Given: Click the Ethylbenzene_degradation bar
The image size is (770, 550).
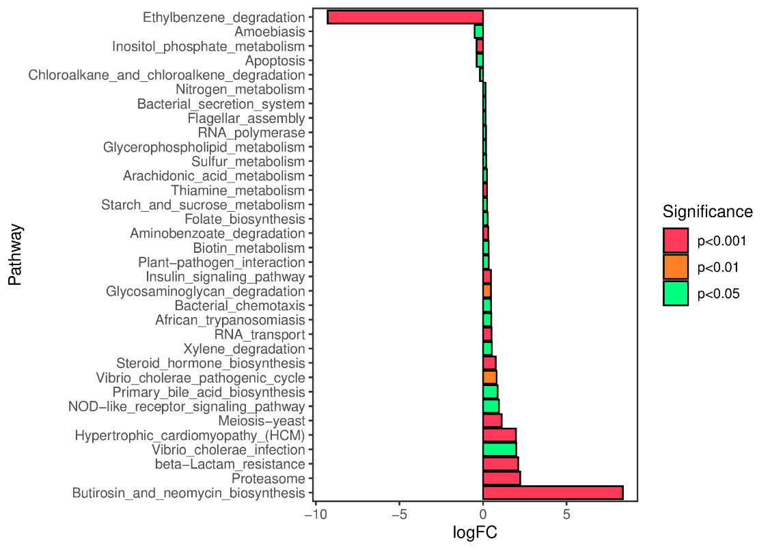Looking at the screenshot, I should pyautogui.click(x=405, y=17).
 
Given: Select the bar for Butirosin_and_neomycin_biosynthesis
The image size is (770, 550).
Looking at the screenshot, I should pyautogui.click(x=553, y=493).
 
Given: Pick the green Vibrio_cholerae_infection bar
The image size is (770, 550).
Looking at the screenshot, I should pyautogui.click(x=499, y=450).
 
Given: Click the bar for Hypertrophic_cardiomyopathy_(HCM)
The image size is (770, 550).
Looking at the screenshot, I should pyautogui.click(x=499, y=435).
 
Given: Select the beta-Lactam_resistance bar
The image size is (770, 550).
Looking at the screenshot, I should pyautogui.click(x=500, y=464).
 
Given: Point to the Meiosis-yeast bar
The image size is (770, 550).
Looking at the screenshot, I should pyautogui.click(x=492, y=420).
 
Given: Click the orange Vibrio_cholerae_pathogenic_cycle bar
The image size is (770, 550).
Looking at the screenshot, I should pyautogui.click(x=490, y=377).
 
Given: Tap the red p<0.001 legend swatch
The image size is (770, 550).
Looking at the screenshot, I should pyautogui.click(x=675, y=240).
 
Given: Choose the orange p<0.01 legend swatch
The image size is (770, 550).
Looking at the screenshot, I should pyautogui.click(x=675, y=267).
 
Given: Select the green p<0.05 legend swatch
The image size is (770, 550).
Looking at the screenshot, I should pyautogui.click(x=675, y=294).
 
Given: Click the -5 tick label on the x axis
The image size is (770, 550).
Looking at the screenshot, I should pyautogui.click(x=399, y=513).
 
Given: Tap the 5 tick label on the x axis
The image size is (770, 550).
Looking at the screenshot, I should pyautogui.click(x=566, y=513).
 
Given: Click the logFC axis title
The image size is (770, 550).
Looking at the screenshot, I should pyautogui.click(x=475, y=533).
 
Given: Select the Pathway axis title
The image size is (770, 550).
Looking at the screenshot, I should pyautogui.click(x=16, y=253).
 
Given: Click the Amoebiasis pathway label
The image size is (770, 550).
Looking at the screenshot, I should pyautogui.click(x=269, y=31).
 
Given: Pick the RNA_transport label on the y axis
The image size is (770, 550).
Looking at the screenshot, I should pyautogui.click(x=259, y=334).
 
